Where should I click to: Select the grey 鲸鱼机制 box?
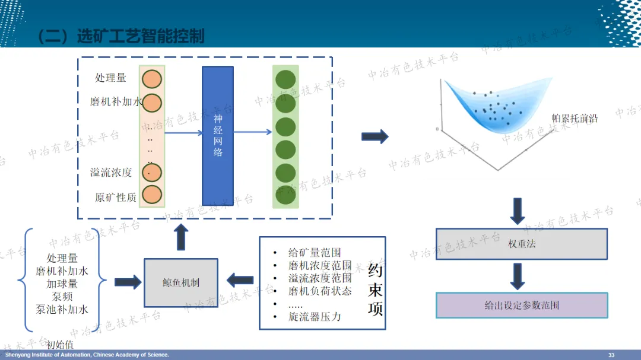[x=181, y=282]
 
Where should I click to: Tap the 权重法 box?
[x=522, y=243]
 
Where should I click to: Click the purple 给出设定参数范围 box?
[x=522, y=305]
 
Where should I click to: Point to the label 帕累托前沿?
[x=575, y=119]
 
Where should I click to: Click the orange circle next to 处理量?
[x=151, y=79]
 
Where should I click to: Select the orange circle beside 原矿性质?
[x=151, y=195]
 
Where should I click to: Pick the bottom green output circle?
[x=285, y=195]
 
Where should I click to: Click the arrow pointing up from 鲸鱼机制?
[x=182, y=237]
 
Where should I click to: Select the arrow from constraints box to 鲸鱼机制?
[x=240, y=280]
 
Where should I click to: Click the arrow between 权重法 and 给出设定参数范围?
[x=518, y=276]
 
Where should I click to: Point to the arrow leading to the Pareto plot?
[x=375, y=136]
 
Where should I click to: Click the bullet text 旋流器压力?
[x=315, y=317]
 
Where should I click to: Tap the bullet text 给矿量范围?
[x=315, y=253]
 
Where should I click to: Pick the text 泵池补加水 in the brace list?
[x=62, y=309]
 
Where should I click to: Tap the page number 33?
[x=611, y=355]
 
